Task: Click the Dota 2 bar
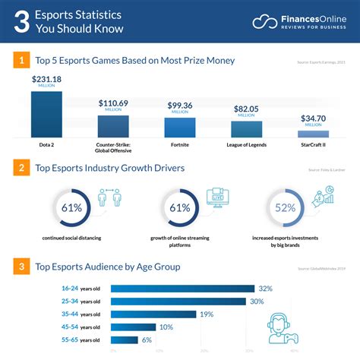(46, 115)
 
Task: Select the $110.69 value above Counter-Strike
(112, 103)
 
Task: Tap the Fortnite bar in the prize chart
(179, 127)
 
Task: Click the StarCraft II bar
(313, 134)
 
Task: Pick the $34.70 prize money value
(313, 118)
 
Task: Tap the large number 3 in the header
(23, 22)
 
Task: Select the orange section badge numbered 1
(23, 60)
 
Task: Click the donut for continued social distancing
(73, 208)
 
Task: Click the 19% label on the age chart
(207, 314)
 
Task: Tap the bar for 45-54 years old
(134, 327)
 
